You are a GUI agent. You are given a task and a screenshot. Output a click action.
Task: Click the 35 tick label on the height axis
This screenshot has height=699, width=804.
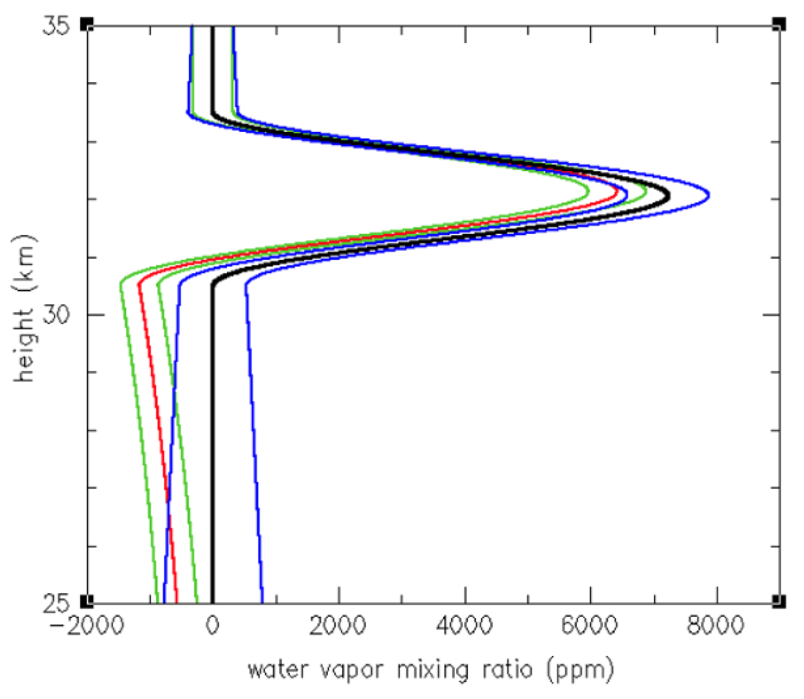(57, 25)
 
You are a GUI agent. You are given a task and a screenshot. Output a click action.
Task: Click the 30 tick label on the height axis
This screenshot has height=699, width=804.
(57, 315)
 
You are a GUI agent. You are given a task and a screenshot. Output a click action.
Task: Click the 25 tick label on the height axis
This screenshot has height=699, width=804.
(57, 604)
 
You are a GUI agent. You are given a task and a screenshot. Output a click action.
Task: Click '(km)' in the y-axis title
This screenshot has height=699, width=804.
(24, 263)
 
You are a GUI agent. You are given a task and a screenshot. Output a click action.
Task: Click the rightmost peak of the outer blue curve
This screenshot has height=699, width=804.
(709, 195)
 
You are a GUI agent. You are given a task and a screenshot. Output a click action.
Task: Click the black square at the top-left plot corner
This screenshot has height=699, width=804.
(87, 24)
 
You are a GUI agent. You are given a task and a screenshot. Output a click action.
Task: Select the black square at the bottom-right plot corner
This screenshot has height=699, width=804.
(778, 601)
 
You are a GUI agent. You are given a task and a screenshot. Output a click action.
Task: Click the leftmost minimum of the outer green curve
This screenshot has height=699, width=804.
(121, 284)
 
